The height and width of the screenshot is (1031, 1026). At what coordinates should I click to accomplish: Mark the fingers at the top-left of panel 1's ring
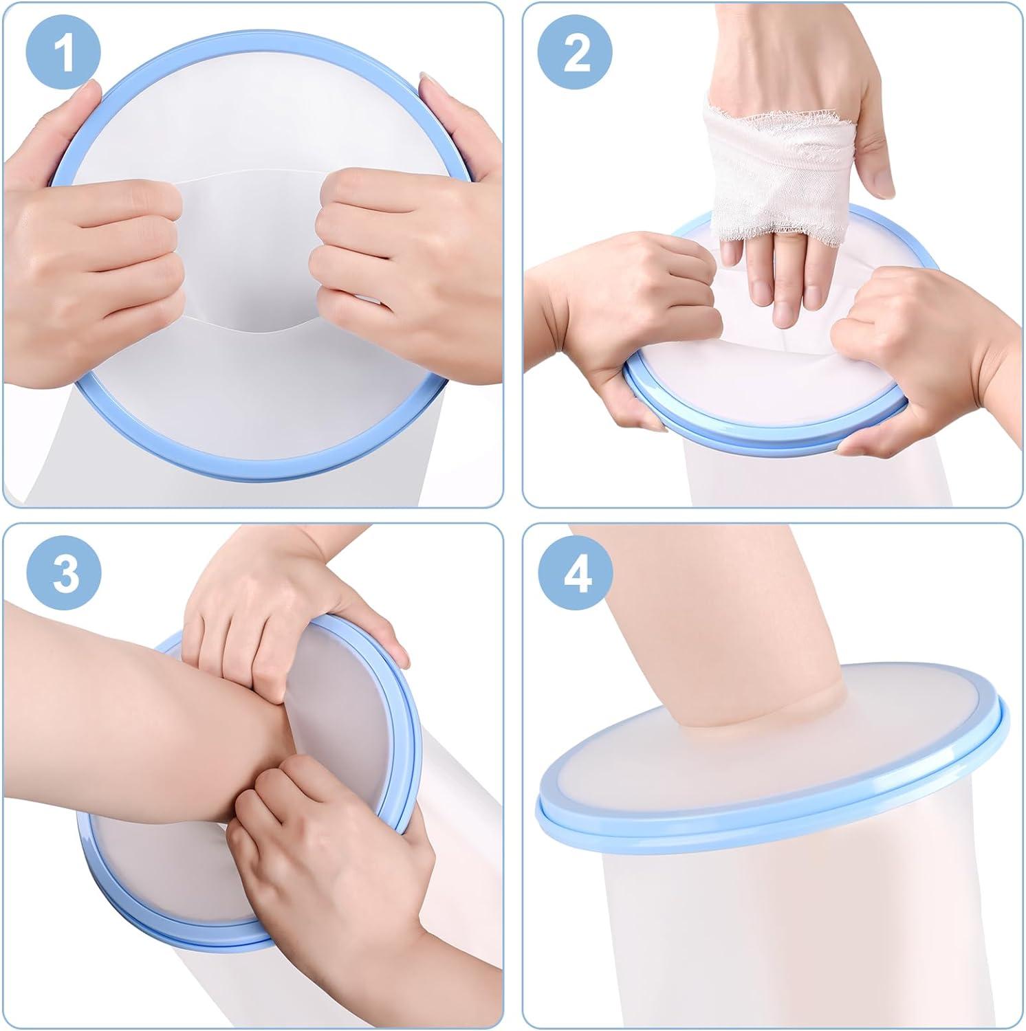[69, 117]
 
